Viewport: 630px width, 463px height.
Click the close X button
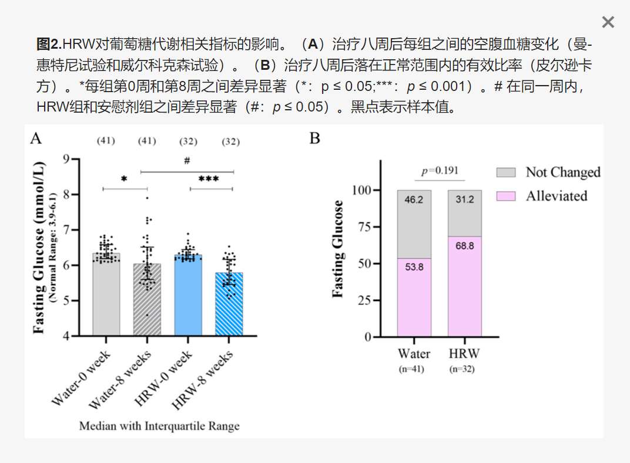click(608, 22)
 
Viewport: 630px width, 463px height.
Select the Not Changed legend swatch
click(506, 172)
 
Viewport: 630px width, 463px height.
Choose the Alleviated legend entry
click(556, 196)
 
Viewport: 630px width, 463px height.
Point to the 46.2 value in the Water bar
click(414, 200)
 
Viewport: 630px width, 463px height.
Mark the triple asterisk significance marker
click(209, 179)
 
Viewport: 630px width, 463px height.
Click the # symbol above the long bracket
click(187, 160)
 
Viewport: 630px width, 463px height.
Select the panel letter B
click(315, 138)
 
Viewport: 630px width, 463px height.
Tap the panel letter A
click(36, 138)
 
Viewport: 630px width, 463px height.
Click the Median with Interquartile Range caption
click(159, 425)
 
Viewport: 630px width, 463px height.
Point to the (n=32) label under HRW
click(462, 369)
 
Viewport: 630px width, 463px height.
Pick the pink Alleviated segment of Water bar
click(414, 297)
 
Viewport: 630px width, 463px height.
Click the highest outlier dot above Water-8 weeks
click(147, 198)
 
